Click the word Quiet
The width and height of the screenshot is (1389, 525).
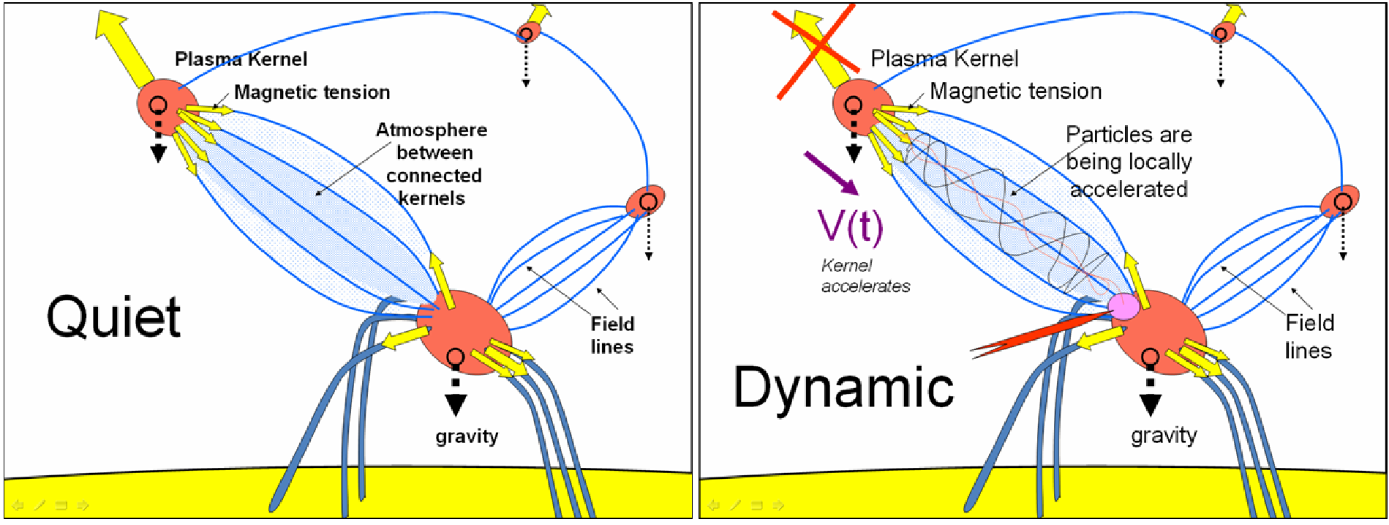click(113, 317)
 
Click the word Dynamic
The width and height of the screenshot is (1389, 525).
click(843, 387)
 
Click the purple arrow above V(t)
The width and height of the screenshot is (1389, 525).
click(831, 173)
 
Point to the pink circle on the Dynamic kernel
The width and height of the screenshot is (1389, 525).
click(1123, 305)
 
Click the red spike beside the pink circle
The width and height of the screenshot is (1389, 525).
click(1039, 334)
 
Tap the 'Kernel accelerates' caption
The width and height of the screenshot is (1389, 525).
click(865, 276)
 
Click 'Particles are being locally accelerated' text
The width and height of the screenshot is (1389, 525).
click(1129, 162)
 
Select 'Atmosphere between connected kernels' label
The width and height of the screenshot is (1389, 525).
click(432, 164)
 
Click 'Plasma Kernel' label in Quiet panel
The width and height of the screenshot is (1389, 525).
click(241, 59)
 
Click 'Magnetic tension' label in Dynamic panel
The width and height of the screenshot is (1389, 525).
click(1015, 92)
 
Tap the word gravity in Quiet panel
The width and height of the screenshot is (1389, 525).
click(467, 437)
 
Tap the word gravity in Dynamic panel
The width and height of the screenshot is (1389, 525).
click(1164, 436)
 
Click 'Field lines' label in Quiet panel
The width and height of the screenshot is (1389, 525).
click(612, 335)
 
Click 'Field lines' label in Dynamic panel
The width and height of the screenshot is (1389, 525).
click(1309, 337)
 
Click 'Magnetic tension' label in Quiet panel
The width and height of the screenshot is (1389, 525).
click(312, 92)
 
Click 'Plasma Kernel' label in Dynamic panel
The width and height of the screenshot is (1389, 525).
click(944, 59)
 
